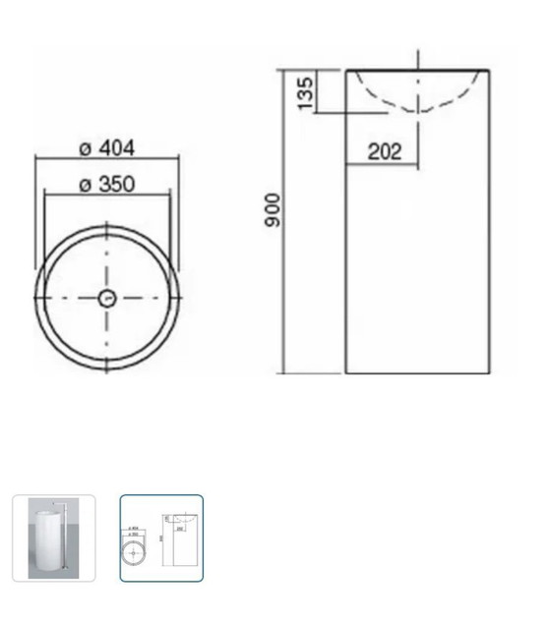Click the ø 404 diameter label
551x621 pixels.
(107, 148)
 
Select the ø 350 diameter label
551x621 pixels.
(107, 184)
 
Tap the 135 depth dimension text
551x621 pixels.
(305, 93)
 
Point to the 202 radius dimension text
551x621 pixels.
(385, 151)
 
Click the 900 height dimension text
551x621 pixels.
(273, 210)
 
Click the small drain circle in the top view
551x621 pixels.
(107, 299)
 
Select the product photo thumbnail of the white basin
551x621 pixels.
(53, 538)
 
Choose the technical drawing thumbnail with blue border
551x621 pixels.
(161, 538)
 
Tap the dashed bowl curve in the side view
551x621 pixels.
(418, 111)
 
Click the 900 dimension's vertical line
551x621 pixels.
(284, 221)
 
